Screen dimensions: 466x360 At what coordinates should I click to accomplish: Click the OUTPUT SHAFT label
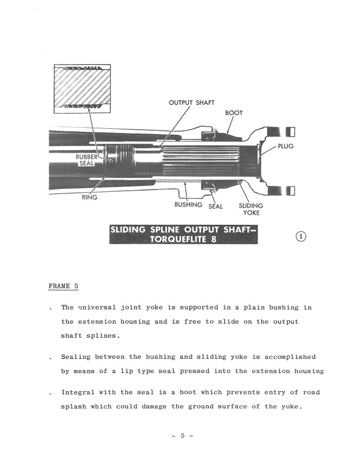pyautogui.click(x=191, y=102)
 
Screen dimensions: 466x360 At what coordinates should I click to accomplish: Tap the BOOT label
pyautogui.click(x=234, y=112)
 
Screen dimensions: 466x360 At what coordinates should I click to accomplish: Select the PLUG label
pyautogui.click(x=285, y=146)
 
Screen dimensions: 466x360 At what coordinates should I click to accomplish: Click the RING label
pyautogui.click(x=89, y=198)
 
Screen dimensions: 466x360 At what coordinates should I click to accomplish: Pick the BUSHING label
pyautogui.click(x=188, y=205)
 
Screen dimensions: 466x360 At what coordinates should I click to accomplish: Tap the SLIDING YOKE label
pyautogui.click(x=251, y=209)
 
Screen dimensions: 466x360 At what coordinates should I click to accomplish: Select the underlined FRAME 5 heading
pyautogui.click(x=64, y=287)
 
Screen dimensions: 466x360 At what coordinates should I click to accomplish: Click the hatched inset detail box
pyautogui.click(x=84, y=89)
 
